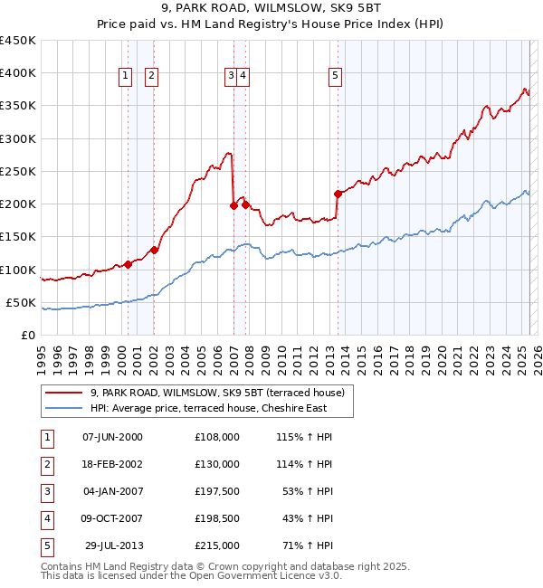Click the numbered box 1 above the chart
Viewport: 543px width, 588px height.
(x=125, y=77)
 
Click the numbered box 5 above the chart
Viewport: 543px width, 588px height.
(x=335, y=77)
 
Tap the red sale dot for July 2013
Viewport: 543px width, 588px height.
(x=338, y=194)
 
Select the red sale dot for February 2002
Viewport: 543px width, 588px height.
(x=154, y=250)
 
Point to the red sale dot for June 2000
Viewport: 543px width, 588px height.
(x=128, y=264)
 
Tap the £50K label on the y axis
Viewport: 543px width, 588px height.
(x=20, y=302)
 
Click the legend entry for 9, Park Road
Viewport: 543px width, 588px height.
(x=217, y=393)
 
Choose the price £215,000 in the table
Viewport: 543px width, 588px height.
(x=216, y=545)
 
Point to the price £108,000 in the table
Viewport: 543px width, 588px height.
(x=216, y=436)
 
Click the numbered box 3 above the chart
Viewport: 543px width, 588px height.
(x=231, y=77)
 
